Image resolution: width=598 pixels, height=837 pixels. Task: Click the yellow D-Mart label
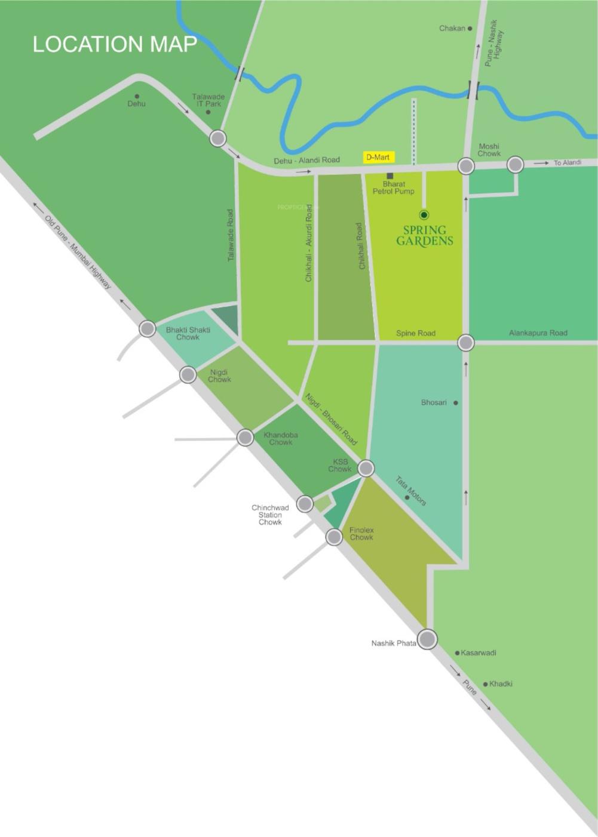point(378,157)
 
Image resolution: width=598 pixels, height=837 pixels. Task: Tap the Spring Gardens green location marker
point(424,215)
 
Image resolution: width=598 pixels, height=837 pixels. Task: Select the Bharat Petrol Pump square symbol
point(390,176)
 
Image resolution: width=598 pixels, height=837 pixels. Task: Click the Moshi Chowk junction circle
point(466,165)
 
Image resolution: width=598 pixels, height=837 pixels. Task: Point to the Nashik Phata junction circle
point(427,639)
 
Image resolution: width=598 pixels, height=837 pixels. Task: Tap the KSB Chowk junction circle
point(366,468)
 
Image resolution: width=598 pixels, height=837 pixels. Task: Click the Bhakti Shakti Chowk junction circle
point(147,328)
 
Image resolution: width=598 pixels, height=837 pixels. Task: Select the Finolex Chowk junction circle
point(334,537)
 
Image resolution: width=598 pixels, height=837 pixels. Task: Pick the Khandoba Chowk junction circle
point(245,438)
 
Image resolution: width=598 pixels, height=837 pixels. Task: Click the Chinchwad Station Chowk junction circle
point(305,504)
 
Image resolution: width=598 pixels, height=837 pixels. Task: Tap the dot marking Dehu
point(137,96)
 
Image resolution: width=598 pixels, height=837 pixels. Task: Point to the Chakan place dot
point(470,28)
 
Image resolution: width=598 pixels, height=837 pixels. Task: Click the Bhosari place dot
point(456,403)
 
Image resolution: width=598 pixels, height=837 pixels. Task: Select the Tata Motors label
point(411,491)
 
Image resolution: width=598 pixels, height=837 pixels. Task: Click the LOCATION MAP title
point(114,44)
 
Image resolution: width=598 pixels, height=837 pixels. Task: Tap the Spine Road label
point(416,333)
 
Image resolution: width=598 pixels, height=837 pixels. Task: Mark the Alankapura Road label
point(538,333)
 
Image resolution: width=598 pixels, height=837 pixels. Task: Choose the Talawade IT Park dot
point(208,112)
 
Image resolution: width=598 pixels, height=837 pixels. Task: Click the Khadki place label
point(501,684)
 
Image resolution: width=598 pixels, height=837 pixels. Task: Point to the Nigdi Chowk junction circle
point(188,375)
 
